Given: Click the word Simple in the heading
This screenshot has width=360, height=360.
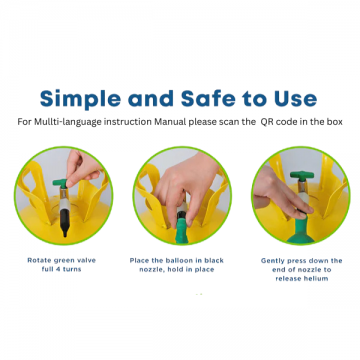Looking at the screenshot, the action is pyautogui.click(x=80, y=99).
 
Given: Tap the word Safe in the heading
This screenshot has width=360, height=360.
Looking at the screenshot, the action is pyautogui.click(x=208, y=98).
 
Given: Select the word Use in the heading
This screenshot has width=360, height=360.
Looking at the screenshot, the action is pyautogui.click(x=295, y=98).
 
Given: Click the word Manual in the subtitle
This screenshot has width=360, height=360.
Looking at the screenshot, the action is pyautogui.click(x=170, y=122).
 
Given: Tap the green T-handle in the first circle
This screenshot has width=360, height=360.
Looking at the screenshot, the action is pyautogui.click(x=60, y=183).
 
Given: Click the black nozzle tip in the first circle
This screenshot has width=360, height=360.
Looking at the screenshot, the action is pyautogui.click(x=65, y=228).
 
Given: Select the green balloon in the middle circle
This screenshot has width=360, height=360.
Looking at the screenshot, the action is pyautogui.click(x=181, y=231).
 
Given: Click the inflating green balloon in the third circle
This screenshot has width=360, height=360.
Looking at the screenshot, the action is pyautogui.click(x=301, y=231).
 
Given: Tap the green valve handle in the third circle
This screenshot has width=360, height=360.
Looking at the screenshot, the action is pyautogui.click(x=302, y=176).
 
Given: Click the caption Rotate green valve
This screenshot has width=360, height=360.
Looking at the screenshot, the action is pyautogui.click(x=61, y=260).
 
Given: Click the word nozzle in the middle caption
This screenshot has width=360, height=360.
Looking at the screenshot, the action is pyautogui.click(x=150, y=269).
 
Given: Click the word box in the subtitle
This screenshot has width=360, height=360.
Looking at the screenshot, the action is pyautogui.click(x=336, y=122).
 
